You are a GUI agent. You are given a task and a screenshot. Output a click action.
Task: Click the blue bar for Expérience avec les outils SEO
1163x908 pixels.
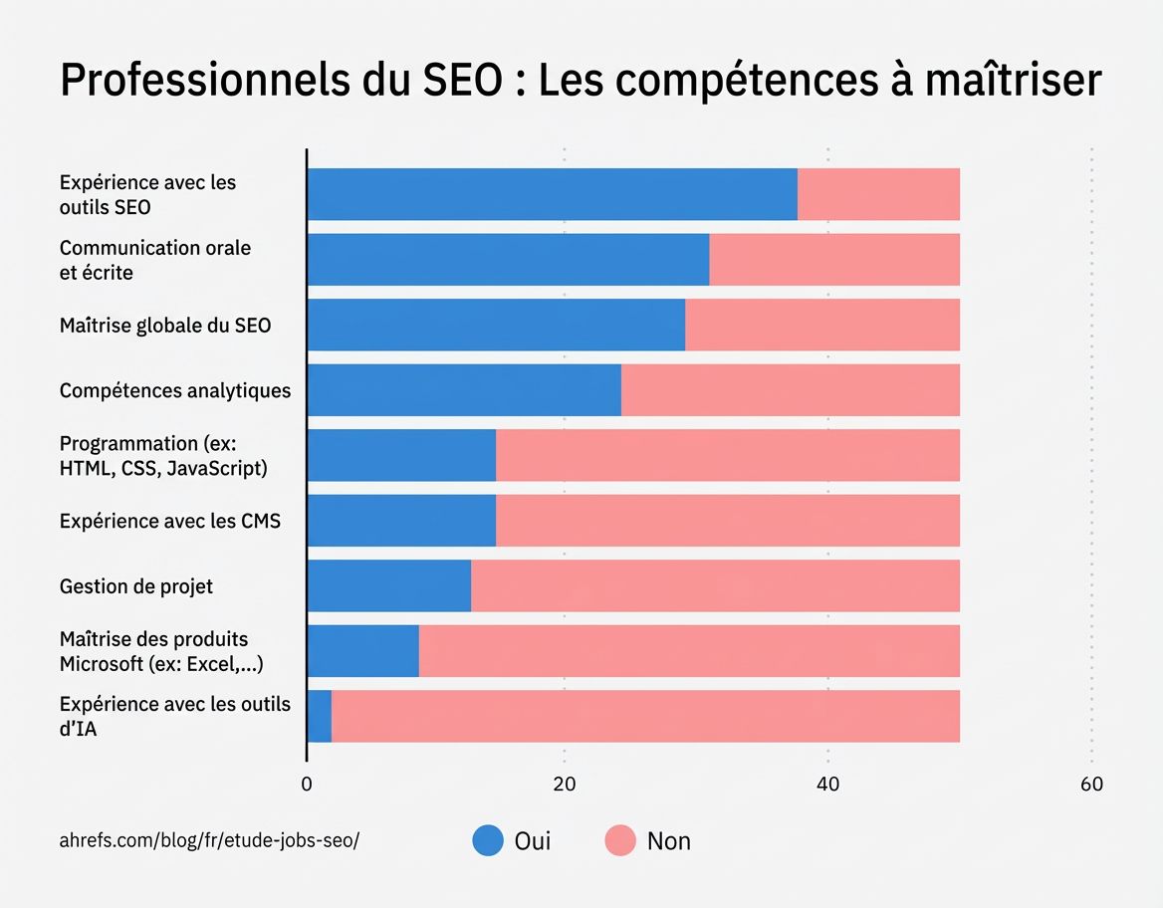(552, 194)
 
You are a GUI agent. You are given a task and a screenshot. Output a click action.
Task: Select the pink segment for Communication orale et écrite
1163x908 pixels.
(834, 260)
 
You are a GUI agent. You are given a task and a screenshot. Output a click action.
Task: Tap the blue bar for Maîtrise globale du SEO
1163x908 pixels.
(496, 325)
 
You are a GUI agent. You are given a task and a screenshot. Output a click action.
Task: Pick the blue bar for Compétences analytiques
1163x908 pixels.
(464, 390)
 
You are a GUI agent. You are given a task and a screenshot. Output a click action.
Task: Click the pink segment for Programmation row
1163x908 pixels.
(728, 455)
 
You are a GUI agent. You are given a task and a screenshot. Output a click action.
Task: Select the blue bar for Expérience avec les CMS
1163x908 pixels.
(401, 521)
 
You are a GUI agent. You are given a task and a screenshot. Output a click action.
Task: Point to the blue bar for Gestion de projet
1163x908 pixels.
(388, 585)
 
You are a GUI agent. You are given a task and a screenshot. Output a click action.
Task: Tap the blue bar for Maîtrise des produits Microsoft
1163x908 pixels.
(362, 651)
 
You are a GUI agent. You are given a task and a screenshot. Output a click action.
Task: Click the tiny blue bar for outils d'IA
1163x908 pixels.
(320, 716)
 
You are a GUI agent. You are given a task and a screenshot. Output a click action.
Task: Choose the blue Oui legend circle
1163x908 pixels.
(488, 840)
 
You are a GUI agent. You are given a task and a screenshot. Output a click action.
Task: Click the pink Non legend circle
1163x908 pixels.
(619, 840)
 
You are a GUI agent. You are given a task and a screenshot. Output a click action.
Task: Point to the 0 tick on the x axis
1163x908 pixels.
(307, 784)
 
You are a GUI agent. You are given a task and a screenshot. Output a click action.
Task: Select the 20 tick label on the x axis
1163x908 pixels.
(565, 784)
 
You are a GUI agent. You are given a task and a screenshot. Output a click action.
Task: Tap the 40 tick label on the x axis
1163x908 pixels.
(827, 784)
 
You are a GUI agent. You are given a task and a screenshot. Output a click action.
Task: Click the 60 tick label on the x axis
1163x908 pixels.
(1091, 784)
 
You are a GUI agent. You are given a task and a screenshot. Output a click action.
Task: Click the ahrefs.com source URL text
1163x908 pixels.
(209, 840)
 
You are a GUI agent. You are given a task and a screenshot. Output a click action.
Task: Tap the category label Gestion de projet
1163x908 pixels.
(136, 586)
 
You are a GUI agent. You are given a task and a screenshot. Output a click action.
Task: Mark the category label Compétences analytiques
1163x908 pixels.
(175, 390)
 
